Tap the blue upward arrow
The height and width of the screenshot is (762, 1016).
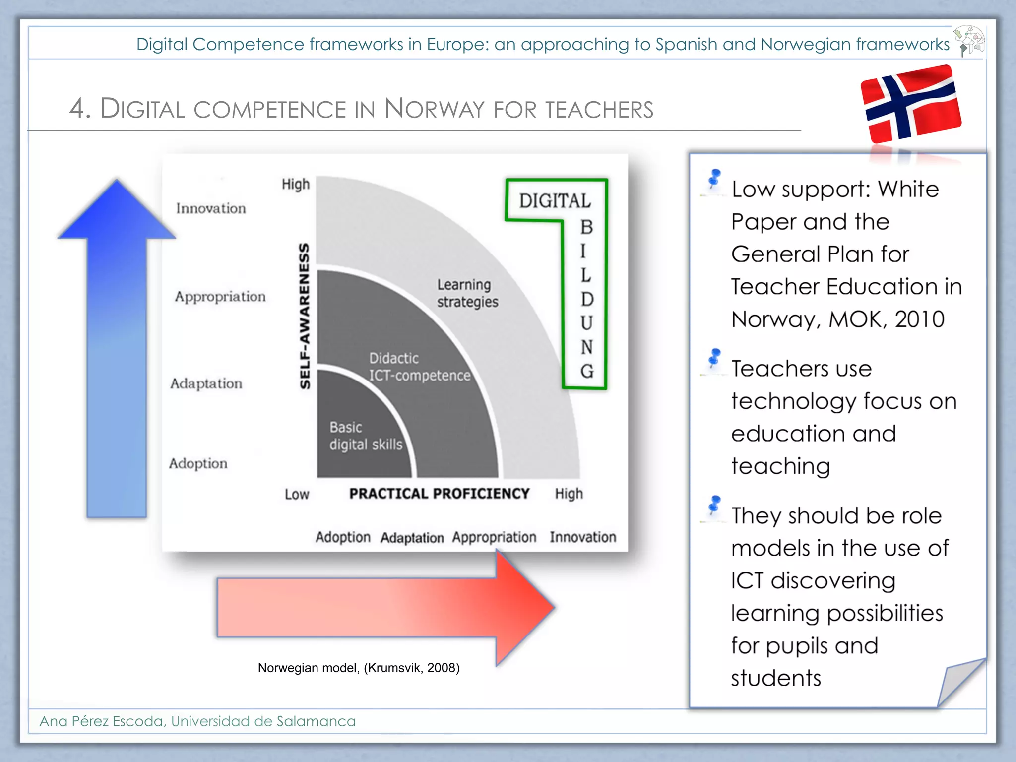coord(117,347)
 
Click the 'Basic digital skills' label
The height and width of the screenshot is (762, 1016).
coord(366,436)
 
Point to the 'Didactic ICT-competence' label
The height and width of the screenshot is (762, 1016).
coord(419,367)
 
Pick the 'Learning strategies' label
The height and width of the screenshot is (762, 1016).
coord(467,293)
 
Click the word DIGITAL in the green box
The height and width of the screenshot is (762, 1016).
coord(555,201)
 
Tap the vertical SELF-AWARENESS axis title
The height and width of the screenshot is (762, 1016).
coord(305,316)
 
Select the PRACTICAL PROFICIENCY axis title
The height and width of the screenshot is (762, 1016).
coord(439,494)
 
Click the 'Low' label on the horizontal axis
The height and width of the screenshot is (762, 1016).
coord(297,494)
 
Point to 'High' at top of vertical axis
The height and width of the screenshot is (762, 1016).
coord(296,184)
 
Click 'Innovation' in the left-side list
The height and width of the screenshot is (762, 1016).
coord(211,208)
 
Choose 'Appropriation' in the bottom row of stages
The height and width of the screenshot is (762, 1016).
coord(494,537)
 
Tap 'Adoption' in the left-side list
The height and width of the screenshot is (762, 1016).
coord(198,463)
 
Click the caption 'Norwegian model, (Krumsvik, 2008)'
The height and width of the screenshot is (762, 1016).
coord(359,668)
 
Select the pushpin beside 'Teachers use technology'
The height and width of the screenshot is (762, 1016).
coord(714,358)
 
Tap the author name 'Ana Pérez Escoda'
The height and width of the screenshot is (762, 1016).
coord(102,721)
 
